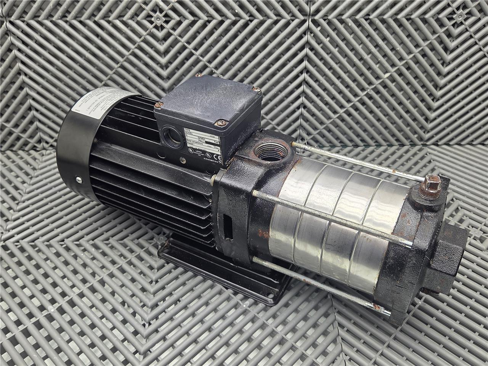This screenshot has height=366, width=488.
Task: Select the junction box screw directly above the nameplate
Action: point(220,122)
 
